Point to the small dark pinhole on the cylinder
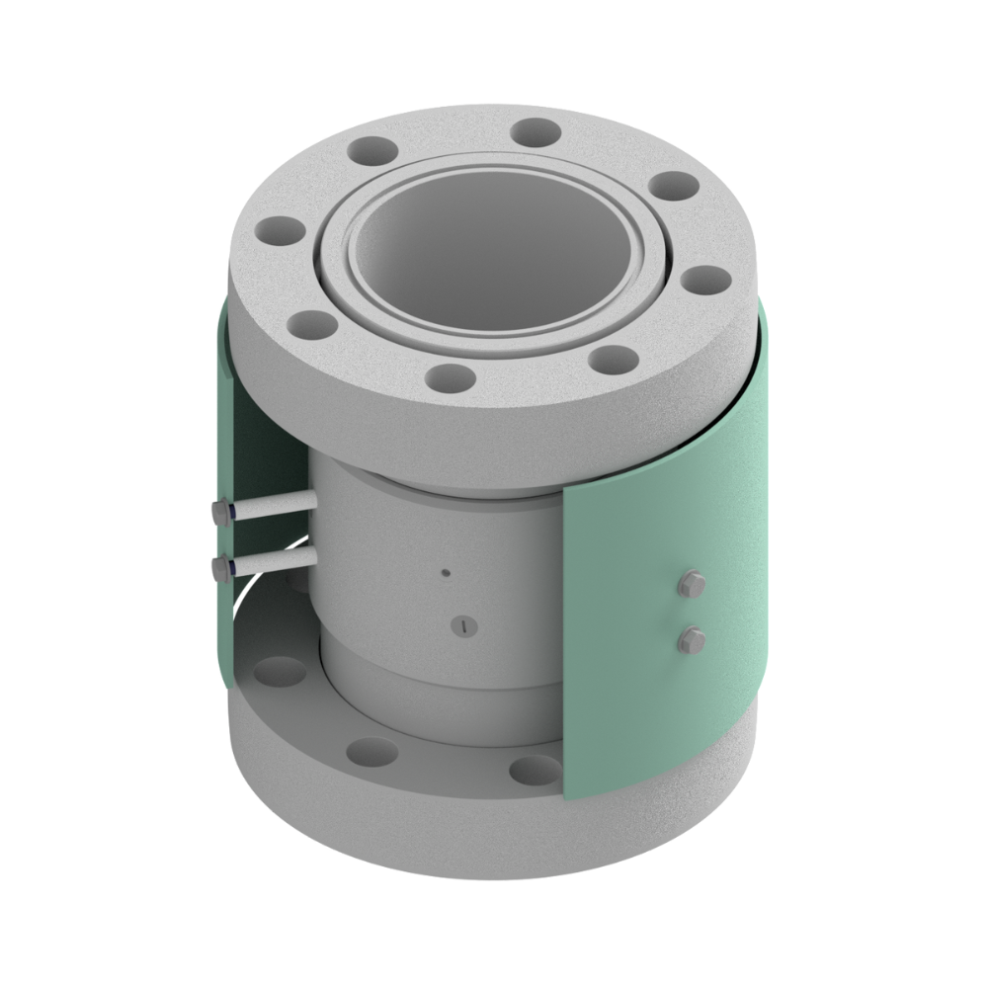tap(447, 572)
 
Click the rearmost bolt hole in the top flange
tap(536, 129)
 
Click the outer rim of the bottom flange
tap(395, 830)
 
